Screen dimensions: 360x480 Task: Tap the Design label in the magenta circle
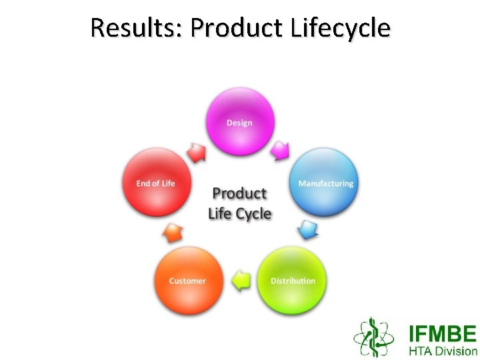(x=239, y=123)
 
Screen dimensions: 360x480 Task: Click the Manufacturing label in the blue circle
(x=325, y=183)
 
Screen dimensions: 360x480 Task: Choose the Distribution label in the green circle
(x=293, y=281)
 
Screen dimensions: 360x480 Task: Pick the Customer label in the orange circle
(x=187, y=281)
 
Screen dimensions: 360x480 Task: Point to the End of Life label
(x=155, y=183)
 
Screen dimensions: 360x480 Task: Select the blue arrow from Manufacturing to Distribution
(x=307, y=230)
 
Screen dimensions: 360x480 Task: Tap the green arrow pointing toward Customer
(x=241, y=281)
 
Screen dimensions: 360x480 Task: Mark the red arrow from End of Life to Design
(x=197, y=153)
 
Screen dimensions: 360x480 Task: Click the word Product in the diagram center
(x=239, y=193)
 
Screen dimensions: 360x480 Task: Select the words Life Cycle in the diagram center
(x=240, y=213)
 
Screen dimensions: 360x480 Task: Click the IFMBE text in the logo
(x=442, y=333)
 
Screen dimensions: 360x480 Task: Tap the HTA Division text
(x=442, y=351)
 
